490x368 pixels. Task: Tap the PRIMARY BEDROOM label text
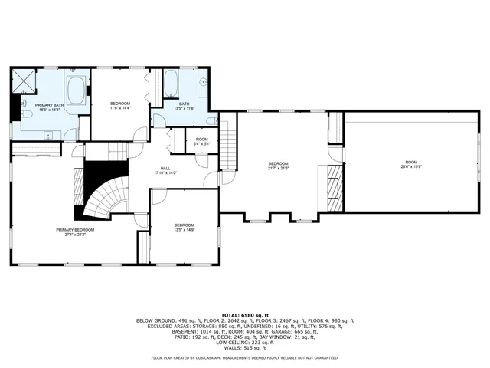click(x=74, y=230)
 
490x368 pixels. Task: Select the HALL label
click(x=166, y=168)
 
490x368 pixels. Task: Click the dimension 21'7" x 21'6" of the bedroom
click(x=278, y=167)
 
